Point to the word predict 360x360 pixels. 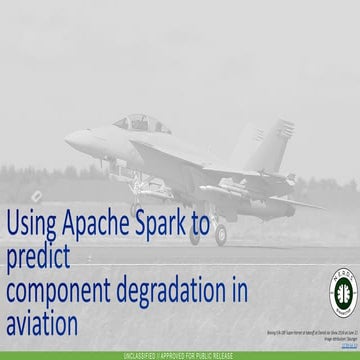[x=38, y=257]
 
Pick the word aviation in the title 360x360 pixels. [x=41, y=323]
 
